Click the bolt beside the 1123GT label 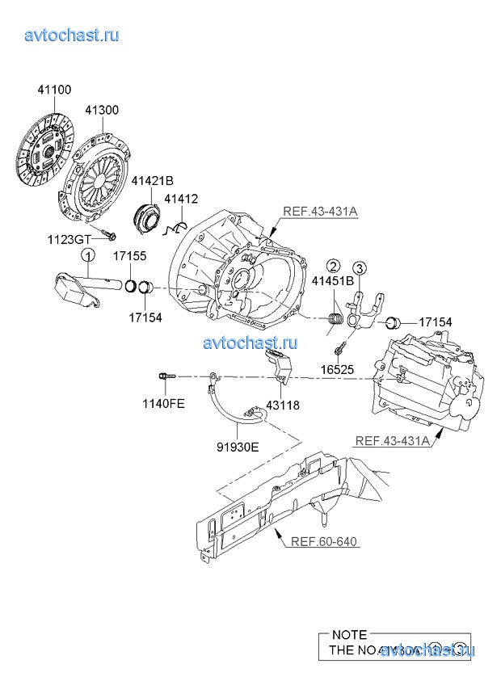(110, 235)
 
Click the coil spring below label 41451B (335, 321)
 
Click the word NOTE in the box (348, 634)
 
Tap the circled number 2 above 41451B (332, 266)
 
